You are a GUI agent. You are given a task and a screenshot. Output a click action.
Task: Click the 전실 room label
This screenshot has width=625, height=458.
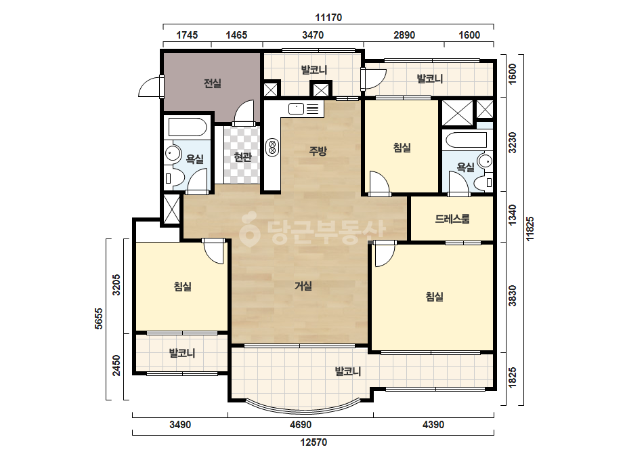coord(212,83)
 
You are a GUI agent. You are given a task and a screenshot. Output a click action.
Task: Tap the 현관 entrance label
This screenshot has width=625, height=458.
coord(242,157)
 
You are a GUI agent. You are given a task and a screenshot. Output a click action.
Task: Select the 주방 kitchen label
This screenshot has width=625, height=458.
coord(318,151)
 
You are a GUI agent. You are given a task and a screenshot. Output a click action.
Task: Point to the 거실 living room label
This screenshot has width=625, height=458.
coord(303,286)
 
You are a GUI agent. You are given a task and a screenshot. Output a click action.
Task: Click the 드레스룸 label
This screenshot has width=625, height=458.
coord(452,219)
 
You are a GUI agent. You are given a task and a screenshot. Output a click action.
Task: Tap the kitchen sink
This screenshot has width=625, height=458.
coord(296,108)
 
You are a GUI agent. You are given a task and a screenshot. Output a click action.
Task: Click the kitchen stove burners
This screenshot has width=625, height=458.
coord(273,147)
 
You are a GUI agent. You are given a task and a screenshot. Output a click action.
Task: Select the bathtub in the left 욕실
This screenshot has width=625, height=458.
coord(188,127)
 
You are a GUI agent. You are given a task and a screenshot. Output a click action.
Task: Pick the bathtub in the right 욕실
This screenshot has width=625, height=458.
coord(467,140)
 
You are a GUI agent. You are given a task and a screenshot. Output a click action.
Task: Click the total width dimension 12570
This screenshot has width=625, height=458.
coord(314,442)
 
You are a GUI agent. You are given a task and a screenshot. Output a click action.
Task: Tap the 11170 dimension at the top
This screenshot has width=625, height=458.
coord(328,18)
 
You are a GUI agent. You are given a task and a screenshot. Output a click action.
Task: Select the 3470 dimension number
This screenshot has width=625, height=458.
coord(313,35)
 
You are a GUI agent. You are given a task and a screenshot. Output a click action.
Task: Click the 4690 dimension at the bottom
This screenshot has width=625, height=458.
coord(301,425)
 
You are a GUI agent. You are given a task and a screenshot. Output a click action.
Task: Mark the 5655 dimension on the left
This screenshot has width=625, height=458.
coord(98,318)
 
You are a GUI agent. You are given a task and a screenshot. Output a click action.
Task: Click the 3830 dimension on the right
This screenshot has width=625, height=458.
coord(513,296)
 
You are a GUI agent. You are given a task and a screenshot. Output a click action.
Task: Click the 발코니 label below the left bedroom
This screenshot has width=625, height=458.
coord(181,353)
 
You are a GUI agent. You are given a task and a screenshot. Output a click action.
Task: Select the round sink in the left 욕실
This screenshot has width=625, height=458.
coord(173,153)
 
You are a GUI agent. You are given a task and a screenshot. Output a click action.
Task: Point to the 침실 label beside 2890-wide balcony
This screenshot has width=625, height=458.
coord(402,148)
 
